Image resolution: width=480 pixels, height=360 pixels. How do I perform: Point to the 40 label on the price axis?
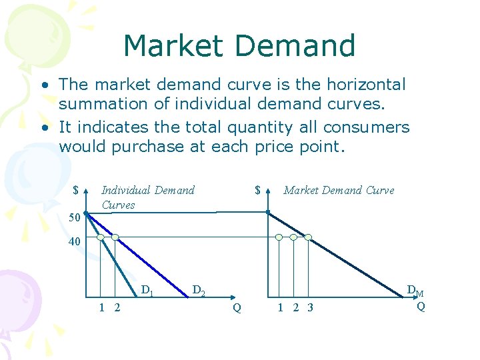tap(75, 242)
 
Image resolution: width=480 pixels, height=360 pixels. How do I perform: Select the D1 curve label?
tap(147, 291)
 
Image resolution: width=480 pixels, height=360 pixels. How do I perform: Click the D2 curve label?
tap(198, 291)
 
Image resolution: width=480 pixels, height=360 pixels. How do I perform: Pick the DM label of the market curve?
tap(415, 291)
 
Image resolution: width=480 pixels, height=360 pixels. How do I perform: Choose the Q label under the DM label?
tap(421, 307)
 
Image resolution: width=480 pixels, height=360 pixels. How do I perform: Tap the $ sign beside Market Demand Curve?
tap(257, 191)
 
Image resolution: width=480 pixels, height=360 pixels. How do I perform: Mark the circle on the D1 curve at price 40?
tap(100, 237)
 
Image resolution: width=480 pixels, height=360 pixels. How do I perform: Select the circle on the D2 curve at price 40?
tap(115, 237)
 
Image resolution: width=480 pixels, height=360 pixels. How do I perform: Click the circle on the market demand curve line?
tap(309, 237)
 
